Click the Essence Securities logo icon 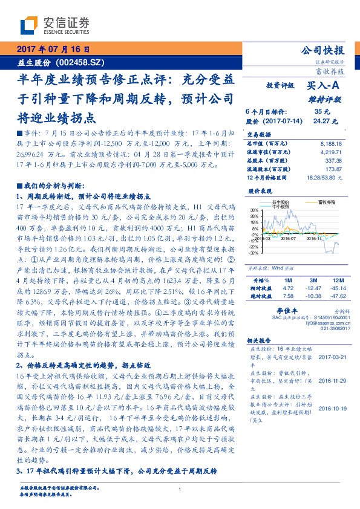coord(31,25)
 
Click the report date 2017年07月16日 coord(53,49)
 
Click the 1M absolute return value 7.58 coord(289,296)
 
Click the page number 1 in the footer coord(180,489)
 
